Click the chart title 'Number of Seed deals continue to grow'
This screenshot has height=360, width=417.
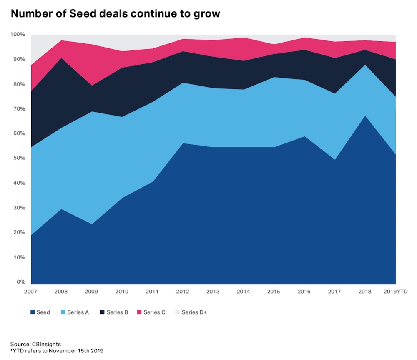tap(115, 14)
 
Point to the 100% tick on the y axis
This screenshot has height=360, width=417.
tap(18, 34)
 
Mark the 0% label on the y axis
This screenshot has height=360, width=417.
tap(21, 282)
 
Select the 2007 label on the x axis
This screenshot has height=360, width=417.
tap(31, 291)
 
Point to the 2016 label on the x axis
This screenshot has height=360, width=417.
tap(305, 291)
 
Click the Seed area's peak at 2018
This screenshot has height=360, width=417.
tap(366, 116)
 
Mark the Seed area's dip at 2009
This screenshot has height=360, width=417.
tap(92, 224)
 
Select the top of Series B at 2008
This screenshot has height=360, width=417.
tap(62, 58)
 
